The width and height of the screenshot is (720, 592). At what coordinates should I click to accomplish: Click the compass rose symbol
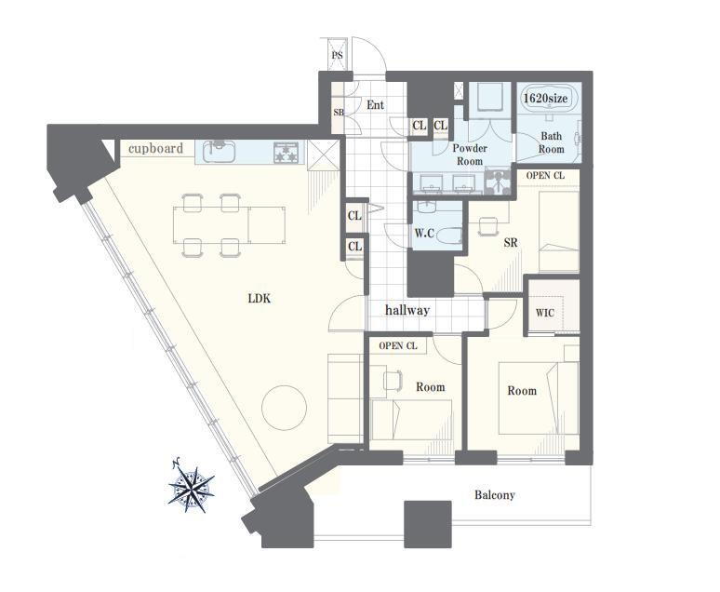point(191,488)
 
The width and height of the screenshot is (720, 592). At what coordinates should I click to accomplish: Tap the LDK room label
point(260,299)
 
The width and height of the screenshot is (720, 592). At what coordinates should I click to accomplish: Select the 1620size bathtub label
point(546,98)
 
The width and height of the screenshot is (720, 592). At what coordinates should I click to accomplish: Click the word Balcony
point(495,495)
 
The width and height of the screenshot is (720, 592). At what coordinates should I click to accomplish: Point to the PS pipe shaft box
point(338,55)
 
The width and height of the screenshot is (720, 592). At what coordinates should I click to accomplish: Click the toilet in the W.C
point(447,235)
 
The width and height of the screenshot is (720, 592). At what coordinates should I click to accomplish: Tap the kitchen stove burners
point(287,152)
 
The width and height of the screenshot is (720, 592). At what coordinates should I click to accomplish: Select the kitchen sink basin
point(219,151)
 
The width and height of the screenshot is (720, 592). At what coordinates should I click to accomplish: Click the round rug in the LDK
point(284,407)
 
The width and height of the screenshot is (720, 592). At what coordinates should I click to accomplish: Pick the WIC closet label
point(545,313)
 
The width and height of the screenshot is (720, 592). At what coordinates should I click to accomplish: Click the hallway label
point(407,310)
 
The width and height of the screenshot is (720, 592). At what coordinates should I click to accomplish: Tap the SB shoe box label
point(338,112)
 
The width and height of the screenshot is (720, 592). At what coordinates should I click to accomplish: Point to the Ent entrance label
point(375,105)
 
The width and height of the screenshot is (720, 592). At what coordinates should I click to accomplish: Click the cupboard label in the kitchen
point(155,148)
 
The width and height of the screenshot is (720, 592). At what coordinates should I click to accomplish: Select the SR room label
point(511,242)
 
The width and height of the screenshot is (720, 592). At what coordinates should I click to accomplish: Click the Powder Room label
point(470,155)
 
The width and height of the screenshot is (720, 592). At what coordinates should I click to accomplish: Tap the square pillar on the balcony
point(428,524)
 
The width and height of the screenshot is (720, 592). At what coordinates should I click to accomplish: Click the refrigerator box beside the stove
point(324,155)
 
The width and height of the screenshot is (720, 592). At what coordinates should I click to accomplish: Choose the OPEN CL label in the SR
point(545,176)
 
